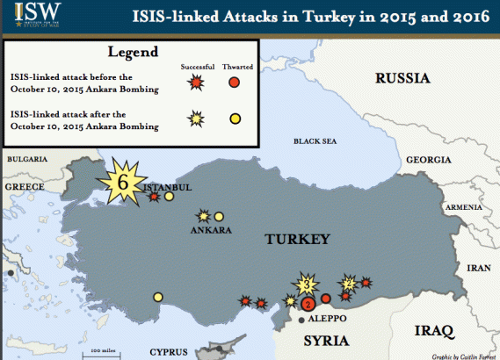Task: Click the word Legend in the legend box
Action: (131, 53)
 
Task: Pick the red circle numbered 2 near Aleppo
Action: (308, 304)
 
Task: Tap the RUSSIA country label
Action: (403, 78)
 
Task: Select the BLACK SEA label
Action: (315, 140)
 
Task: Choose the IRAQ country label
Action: (433, 331)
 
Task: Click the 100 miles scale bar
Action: (104, 353)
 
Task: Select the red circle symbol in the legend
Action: (234, 83)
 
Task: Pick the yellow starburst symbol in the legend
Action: (196, 119)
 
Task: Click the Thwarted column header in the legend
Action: (235, 68)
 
